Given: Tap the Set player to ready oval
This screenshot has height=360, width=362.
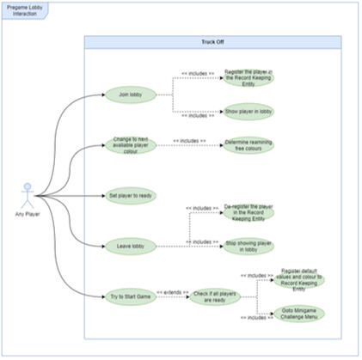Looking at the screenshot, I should [130, 196].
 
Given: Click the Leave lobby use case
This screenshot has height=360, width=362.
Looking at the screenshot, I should [130, 246].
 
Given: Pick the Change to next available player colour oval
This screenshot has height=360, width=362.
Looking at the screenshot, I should [130, 143].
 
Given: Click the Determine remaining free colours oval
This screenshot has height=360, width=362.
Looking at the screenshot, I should [248, 144].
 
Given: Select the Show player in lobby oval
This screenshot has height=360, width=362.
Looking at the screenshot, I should [248, 111].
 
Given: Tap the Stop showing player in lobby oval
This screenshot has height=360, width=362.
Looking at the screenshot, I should [248, 247].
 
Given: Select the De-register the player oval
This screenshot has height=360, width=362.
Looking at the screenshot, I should [248, 212].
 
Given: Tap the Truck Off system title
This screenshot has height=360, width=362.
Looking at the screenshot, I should [212, 42].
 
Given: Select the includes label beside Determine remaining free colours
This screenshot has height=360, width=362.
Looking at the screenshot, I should [189, 140].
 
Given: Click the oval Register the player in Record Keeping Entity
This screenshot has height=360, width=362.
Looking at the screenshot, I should [248, 78].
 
